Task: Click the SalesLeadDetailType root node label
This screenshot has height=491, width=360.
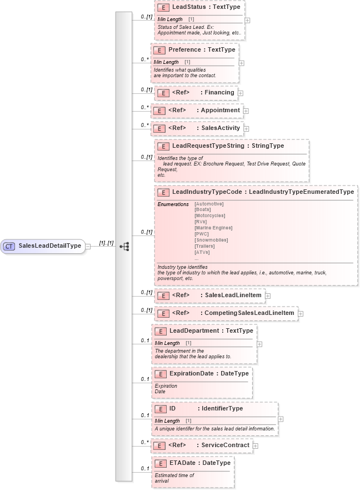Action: (50, 245)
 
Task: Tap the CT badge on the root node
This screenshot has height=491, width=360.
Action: (9, 245)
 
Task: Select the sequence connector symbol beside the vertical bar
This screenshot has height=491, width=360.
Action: (124, 245)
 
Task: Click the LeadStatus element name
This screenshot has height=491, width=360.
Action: (191, 7)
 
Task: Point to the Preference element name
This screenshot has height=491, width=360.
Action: (184, 49)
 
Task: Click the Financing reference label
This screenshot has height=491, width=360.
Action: (219, 92)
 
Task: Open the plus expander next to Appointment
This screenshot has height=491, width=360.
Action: (246, 111)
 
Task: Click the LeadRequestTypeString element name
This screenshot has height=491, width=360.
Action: (208, 146)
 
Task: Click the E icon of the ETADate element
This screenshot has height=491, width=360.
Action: (160, 463)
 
